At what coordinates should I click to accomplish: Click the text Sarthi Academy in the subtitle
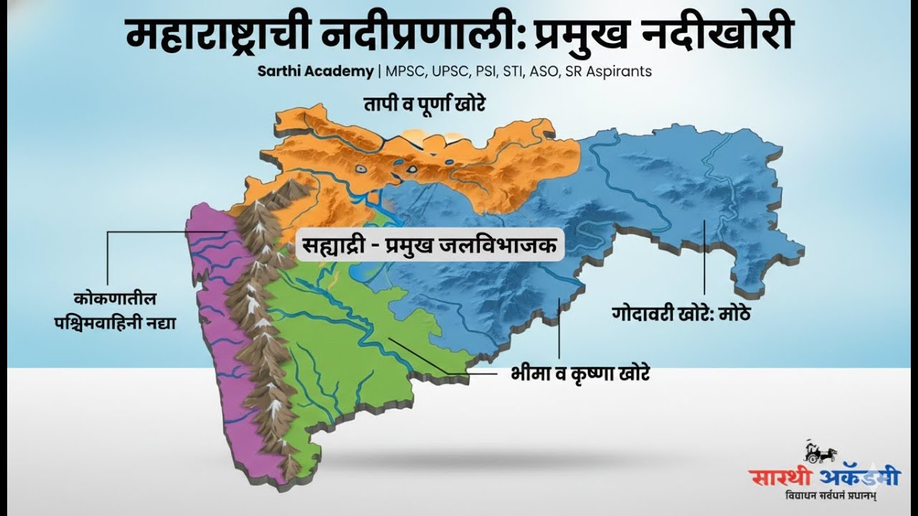coord(316,72)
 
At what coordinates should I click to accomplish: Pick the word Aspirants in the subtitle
coord(619,72)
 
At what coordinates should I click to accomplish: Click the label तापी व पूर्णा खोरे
coord(425,105)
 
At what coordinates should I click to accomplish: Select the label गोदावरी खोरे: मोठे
coord(682,313)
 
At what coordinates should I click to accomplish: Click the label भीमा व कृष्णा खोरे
coord(580,374)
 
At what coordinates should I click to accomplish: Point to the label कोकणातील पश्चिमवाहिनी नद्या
coord(115,310)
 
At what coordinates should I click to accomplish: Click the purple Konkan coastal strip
coord(215,358)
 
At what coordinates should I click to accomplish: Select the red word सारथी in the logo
coord(783,477)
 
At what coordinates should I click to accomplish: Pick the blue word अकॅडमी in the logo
coord(861,477)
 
